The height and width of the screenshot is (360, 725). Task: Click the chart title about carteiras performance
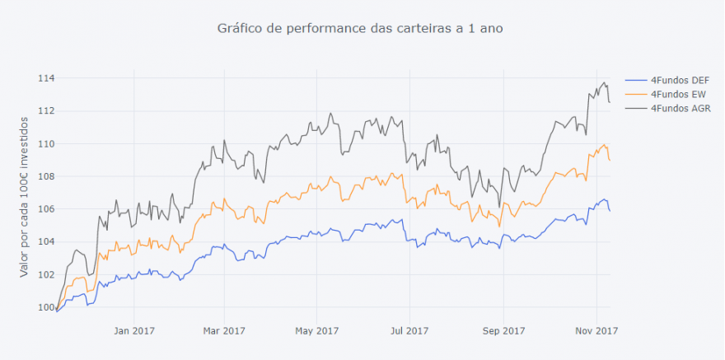pyautogui.click(x=360, y=28)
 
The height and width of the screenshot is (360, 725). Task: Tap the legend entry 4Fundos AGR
pyautogui.click(x=681, y=108)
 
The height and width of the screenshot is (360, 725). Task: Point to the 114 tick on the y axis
pyautogui.click(x=45, y=78)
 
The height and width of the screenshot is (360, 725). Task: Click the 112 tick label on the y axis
pyautogui.click(x=45, y=111)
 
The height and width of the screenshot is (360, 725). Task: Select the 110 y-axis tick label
pyautogui.click(x=45, y=143)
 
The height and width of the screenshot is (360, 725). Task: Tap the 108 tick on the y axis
pyautogui.click(x=45, y=176)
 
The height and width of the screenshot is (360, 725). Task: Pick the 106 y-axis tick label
pyautogui.click(x=45, y=209)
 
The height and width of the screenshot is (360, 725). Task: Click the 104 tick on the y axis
pyautogui.click(x=45, y=241)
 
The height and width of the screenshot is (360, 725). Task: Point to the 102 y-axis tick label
pyautogui.click(x=45, y=274)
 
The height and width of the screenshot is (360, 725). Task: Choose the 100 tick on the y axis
pyautogui.click(x=45, y=307)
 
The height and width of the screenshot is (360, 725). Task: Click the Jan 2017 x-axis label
pyautogui.click(x=133, y=331)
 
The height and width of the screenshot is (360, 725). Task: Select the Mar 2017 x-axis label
pyautogui.click(x=225, y=331)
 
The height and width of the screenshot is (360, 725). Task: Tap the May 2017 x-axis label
pyautogui.click(x=317, y=331)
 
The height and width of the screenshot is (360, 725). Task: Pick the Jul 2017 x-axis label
pyautogui.click(x=409, y=331)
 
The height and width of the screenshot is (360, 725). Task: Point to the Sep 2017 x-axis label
pyautogui.click(x=503, y=331)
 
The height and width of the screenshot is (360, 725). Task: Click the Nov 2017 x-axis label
pyautogui.click(x=596, y=331)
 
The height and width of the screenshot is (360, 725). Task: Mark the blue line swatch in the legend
pyautogui.click(x=636, y=81)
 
